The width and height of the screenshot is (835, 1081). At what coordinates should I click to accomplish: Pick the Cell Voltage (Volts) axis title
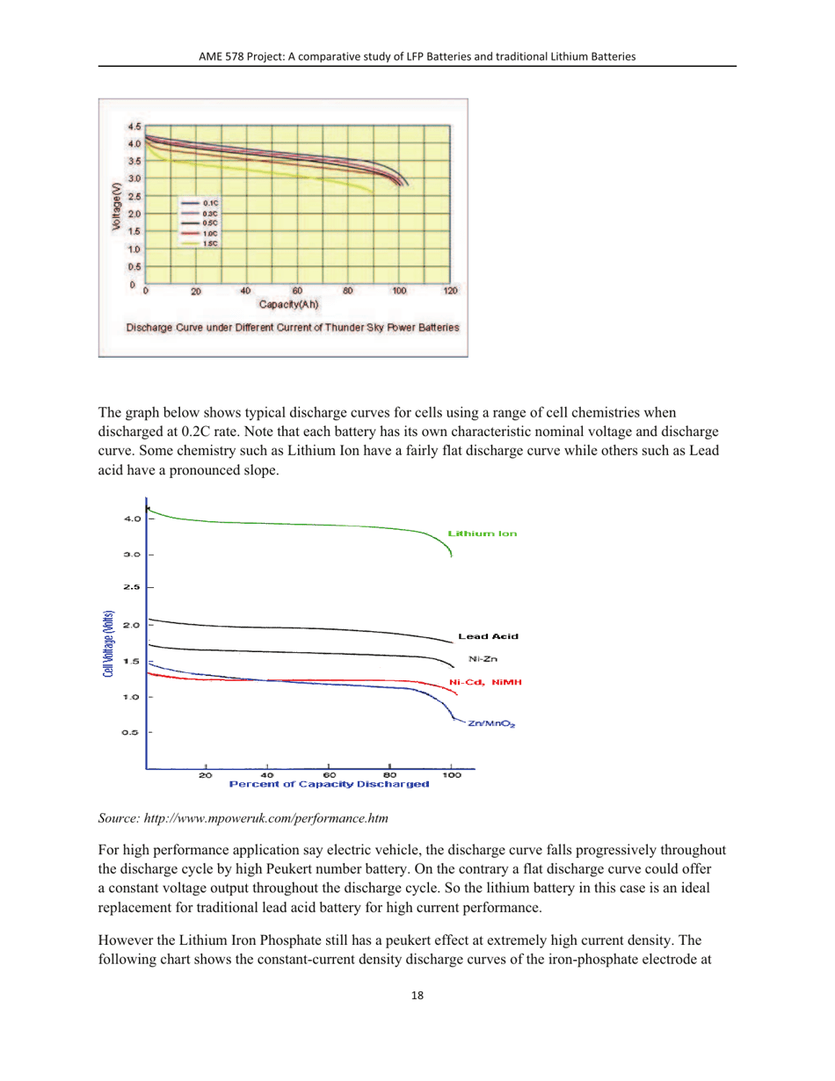(108, 642)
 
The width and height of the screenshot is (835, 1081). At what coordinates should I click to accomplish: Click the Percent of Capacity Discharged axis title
(329, 783)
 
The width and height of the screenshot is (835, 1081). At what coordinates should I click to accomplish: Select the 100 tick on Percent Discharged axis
(452, 774)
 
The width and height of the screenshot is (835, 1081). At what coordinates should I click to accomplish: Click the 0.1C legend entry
(210, 203)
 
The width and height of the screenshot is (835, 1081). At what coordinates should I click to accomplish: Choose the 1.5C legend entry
(210, 243)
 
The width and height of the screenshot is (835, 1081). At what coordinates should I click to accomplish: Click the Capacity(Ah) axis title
(287, 304)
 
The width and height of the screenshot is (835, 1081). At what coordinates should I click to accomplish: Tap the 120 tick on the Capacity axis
(450, 291)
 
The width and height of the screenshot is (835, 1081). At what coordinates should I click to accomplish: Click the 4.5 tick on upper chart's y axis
(134, 127)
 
